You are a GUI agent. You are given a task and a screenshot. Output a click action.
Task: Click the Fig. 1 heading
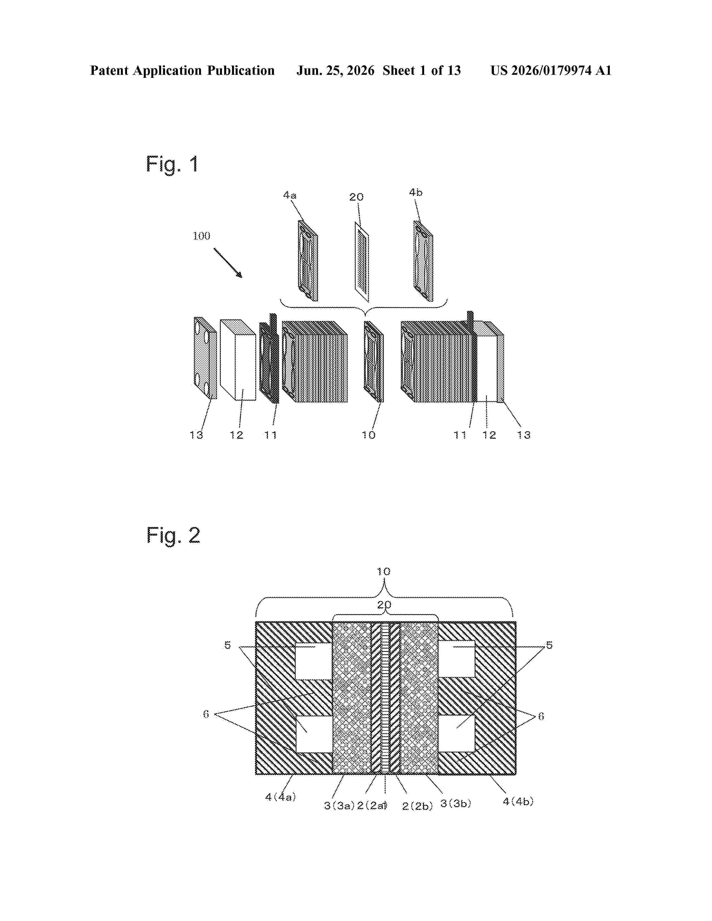click(172, 164)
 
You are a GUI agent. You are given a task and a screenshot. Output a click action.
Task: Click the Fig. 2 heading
click(173, 536)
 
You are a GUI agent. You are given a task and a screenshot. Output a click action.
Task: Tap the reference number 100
click(201, 236)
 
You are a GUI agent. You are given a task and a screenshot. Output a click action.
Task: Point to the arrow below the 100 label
click(228, 263)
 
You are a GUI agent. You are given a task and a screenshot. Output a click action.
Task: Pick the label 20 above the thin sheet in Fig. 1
click(357, 197)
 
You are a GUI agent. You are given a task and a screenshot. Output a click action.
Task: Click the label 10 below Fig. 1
click(368, 435)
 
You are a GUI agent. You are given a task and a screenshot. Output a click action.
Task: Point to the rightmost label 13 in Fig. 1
click(524, 435)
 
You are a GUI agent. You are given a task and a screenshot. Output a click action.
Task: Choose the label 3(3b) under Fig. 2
click(456, 803)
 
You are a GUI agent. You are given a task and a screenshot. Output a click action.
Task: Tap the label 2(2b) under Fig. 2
click(418, 806)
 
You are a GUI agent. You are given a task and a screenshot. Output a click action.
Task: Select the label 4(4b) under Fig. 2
click(518, 801)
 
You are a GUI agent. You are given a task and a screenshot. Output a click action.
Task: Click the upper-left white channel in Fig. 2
click(314, 661)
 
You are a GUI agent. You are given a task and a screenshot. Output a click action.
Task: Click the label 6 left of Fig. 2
click(206, 714)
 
